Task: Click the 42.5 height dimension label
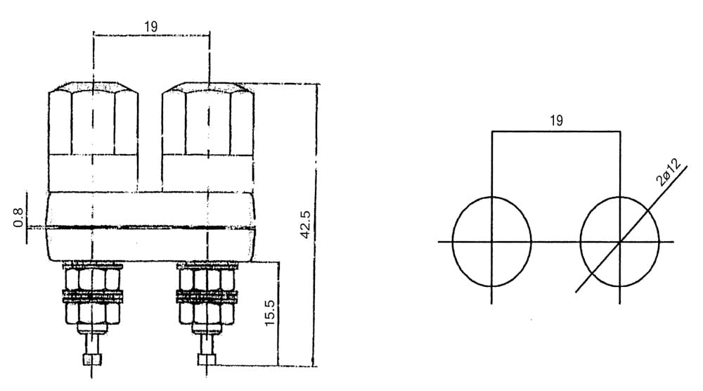point(305,224)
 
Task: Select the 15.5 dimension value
point(270,312)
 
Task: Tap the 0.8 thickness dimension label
point(18,217)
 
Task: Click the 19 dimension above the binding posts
point(150,27)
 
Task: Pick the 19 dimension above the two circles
point(556,120)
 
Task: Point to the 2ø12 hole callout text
point(668,172)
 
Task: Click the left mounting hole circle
point(453,242)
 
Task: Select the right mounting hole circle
point(581,242)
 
